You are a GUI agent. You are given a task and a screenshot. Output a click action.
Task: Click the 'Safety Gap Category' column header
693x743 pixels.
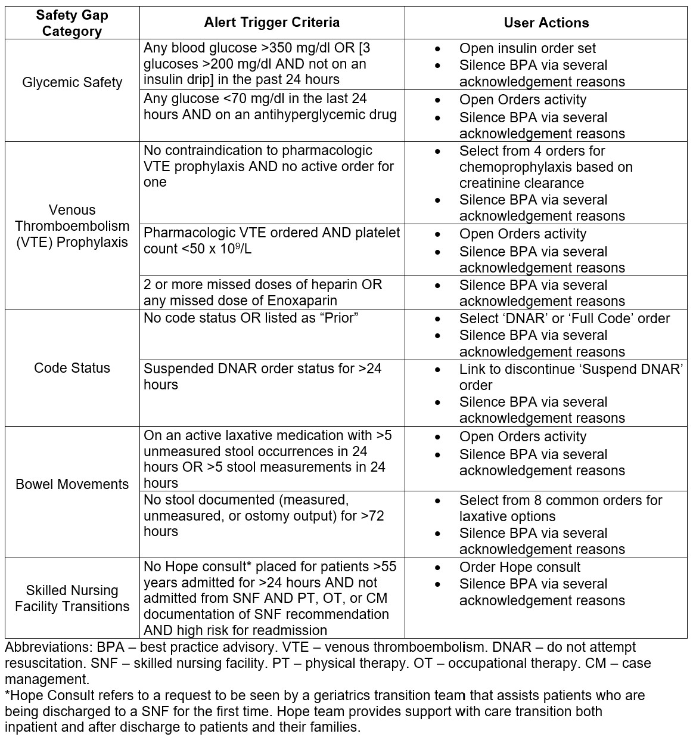[72, 23]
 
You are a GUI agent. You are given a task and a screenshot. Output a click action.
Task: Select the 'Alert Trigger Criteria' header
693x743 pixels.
[272, 23]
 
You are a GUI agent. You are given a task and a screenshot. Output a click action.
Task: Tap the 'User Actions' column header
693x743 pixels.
[546, 23]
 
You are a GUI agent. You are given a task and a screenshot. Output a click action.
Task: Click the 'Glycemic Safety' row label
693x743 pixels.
[72, 82]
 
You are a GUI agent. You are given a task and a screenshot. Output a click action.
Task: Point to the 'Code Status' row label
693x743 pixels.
[72, 367]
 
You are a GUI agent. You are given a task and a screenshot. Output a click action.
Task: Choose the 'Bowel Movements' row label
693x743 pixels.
[72, 484]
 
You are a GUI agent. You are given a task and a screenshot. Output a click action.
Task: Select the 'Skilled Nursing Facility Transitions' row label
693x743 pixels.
[72, 598]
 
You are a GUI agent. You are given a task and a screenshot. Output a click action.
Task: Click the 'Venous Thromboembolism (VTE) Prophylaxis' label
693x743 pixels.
[72, 226]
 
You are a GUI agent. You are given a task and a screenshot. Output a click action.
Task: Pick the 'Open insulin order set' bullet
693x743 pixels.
[527, 48]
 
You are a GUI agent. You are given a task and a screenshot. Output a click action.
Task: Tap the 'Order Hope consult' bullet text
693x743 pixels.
[520, 567]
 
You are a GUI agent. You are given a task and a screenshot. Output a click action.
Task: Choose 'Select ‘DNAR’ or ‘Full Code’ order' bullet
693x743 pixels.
[564, 318]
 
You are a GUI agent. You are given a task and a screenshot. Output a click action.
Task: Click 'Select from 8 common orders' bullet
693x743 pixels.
[561, 500]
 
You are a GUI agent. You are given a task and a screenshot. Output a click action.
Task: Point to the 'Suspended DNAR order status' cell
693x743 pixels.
[262, 376]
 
